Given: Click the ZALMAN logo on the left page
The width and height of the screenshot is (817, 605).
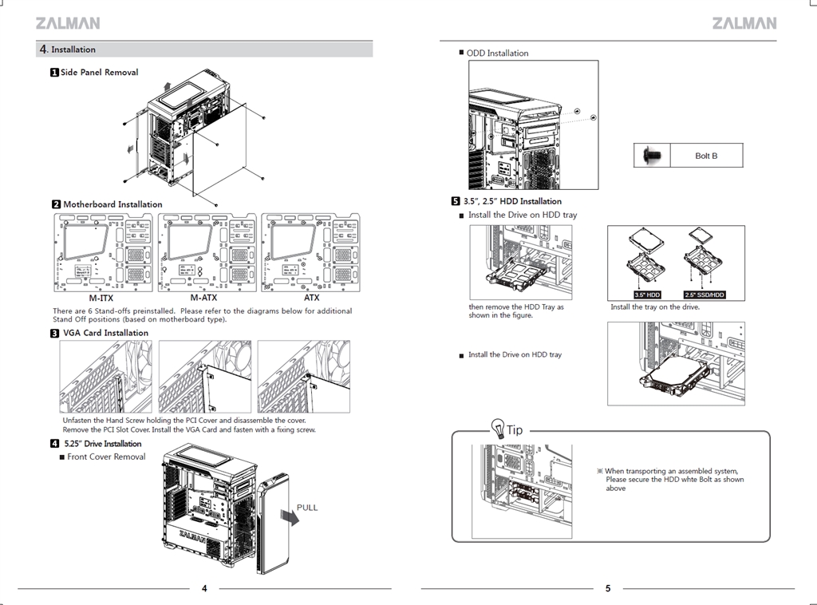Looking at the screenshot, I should click(68, 23).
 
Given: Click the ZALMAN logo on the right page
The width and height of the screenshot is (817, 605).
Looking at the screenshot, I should click(744, 23).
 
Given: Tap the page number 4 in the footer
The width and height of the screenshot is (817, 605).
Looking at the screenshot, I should click(204, 589).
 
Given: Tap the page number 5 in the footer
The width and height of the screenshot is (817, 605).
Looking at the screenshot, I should click(608, 589).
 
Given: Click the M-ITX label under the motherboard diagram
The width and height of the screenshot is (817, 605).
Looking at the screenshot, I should click(101, 298).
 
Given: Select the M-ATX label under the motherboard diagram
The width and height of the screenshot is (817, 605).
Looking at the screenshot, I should click(203, 298).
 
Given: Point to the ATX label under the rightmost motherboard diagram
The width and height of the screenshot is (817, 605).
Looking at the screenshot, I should click(311, 298).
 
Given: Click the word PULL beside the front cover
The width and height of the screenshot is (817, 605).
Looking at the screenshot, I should click(307, 508).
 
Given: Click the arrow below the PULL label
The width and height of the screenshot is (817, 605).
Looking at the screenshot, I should click(289, 520).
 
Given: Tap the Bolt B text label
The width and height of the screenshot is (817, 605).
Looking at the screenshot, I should click(706, 156).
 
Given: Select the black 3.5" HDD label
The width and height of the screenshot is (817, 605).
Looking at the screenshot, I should click(647, 295).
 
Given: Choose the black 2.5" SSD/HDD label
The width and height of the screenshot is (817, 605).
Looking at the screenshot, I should click(704, 295).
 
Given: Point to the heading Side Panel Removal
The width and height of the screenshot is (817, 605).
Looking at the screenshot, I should click(99, 73).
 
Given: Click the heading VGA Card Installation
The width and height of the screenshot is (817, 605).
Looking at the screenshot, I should click(105, 333).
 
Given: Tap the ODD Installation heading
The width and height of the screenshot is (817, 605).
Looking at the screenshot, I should click(497, 53).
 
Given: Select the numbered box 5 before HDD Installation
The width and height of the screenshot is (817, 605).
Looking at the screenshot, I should click(456, 201).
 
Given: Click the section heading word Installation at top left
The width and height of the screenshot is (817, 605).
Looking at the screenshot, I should click(73, 49).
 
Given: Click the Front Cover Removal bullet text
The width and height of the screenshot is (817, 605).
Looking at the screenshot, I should click(106, 457).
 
